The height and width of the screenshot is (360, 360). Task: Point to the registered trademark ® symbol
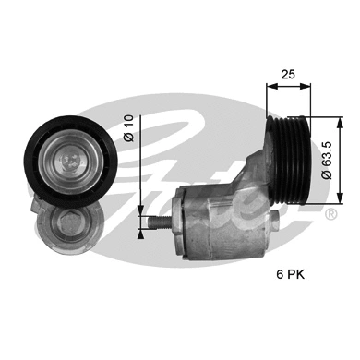pos(330,214)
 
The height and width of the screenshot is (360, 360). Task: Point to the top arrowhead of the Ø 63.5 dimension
pos(344,117)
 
